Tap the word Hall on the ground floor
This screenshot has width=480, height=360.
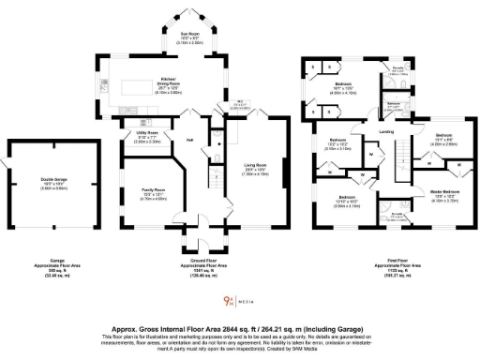tap(189, 141)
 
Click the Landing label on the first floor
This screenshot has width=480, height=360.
tap(385, 131)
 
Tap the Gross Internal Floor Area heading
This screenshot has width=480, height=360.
tap(240, 331)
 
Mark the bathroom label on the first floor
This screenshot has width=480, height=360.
tap(395, 104)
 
